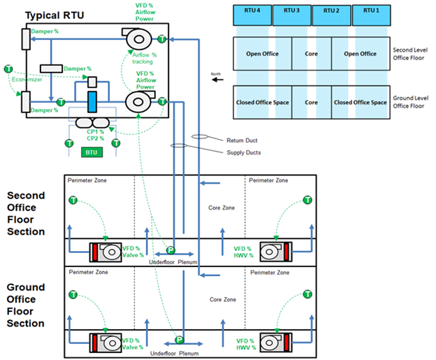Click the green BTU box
[x=92, y=151]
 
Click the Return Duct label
[x=241, y=140]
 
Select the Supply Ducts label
[x=243, y=152]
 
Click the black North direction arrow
[x=218, y=80]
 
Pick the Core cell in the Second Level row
[x=312, y=53]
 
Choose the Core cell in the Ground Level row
[x=312, y=102]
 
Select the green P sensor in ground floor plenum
[x=179, y=339]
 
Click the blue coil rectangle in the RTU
[x=92, y=100]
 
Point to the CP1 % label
[x=96, y=131]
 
